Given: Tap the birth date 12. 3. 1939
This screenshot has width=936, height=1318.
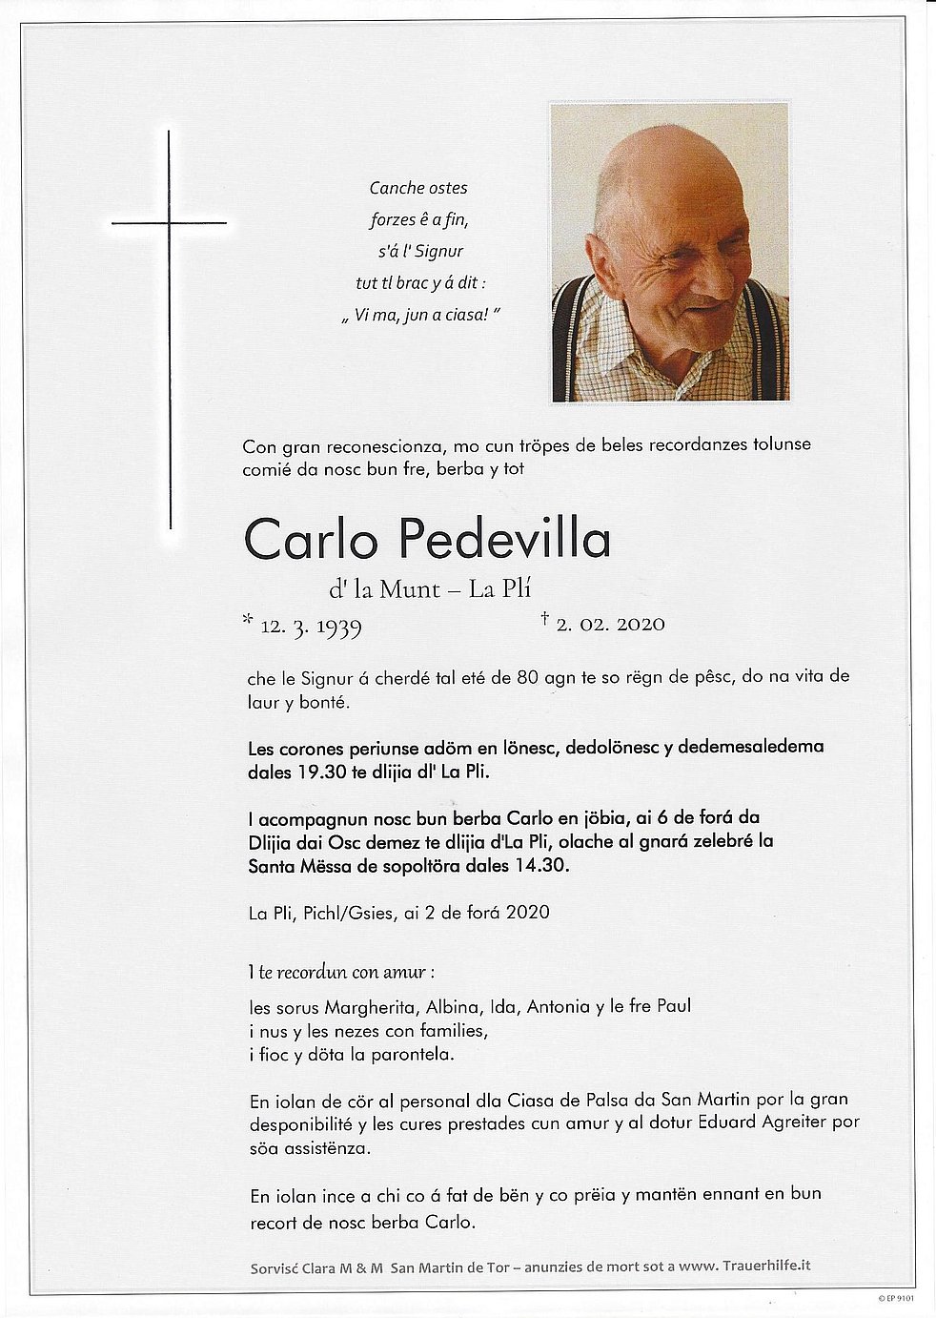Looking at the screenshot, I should (311, 626).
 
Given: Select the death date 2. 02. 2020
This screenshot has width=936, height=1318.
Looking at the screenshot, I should (610, 625).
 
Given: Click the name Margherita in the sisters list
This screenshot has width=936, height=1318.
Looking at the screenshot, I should (371, 1006).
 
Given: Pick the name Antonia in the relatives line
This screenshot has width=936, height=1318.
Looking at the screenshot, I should (559, 1006).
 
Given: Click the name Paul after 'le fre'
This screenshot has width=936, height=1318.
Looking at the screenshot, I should (673, 1006).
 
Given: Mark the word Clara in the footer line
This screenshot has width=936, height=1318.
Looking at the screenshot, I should (320, 1267).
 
